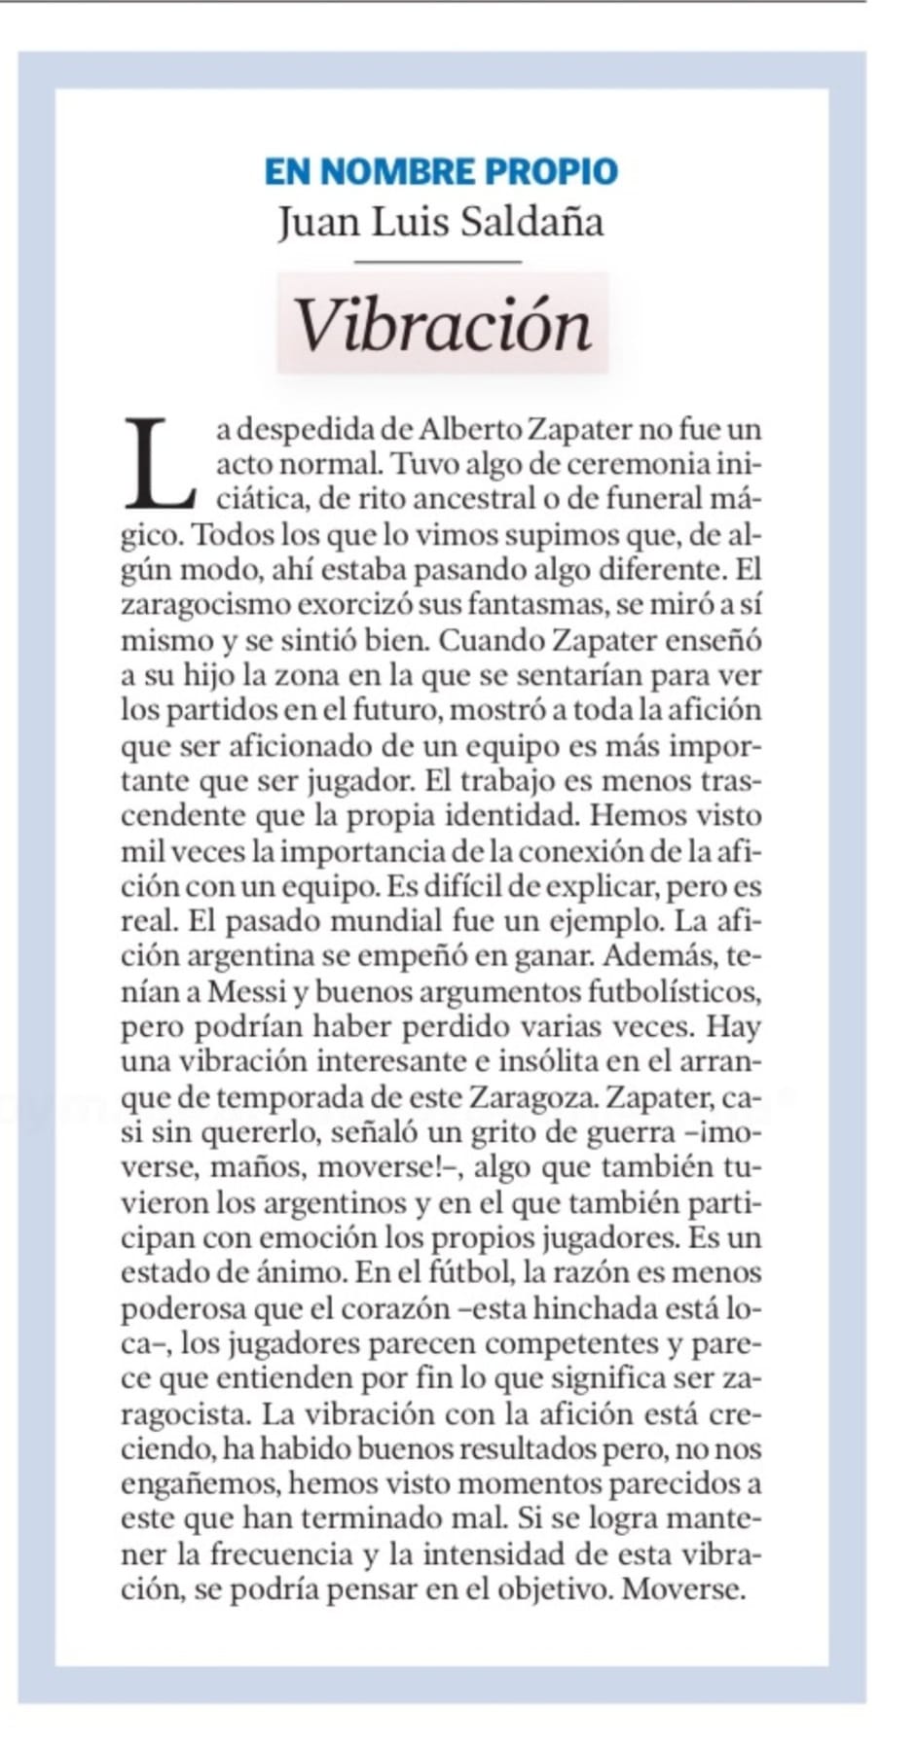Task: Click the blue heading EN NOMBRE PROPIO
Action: click(441, 171)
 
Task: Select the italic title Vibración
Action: click(443, 325)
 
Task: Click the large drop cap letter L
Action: click(160, 464)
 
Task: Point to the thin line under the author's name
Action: click(438, 261)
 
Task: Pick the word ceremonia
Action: click(638, 464)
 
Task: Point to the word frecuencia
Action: click(280, 1554)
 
